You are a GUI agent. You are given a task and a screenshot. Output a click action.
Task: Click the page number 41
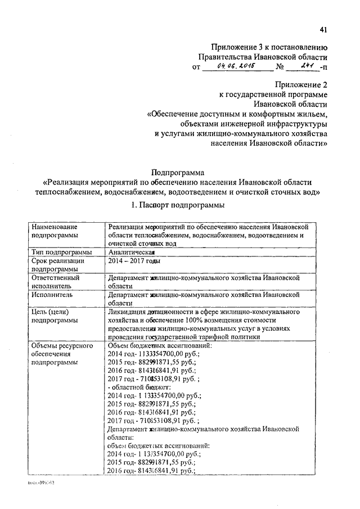click(x=323, y=30)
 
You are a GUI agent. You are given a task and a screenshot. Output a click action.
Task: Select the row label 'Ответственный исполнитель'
click(x=56, y=282)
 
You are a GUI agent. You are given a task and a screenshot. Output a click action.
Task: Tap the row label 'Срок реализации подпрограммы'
click(x=58, y=265)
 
